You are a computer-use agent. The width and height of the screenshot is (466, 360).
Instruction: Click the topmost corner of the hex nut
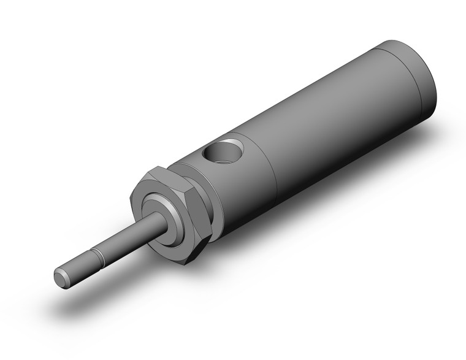pos(161,166)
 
